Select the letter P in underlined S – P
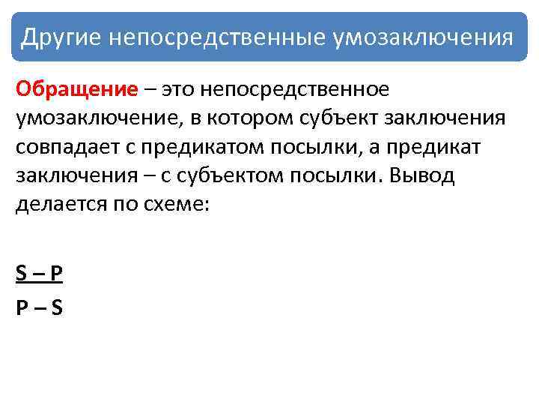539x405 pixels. (x=56, y=274)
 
